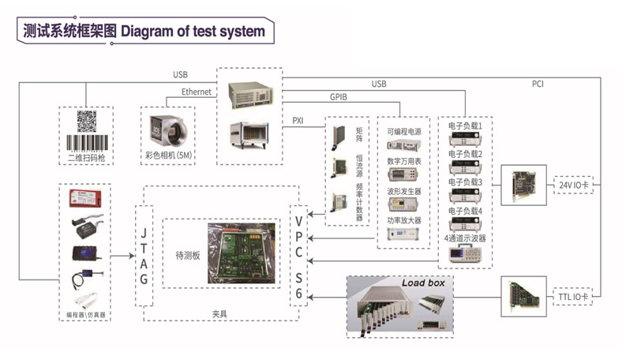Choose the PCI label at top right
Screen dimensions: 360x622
coord(538,82)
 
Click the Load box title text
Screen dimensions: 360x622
coord(423,283)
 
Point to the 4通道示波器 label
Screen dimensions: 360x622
coord(465,238)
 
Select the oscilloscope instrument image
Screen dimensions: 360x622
coord(464,253)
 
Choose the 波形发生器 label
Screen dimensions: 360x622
coord(404,191)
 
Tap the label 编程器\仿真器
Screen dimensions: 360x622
coord(85,313)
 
